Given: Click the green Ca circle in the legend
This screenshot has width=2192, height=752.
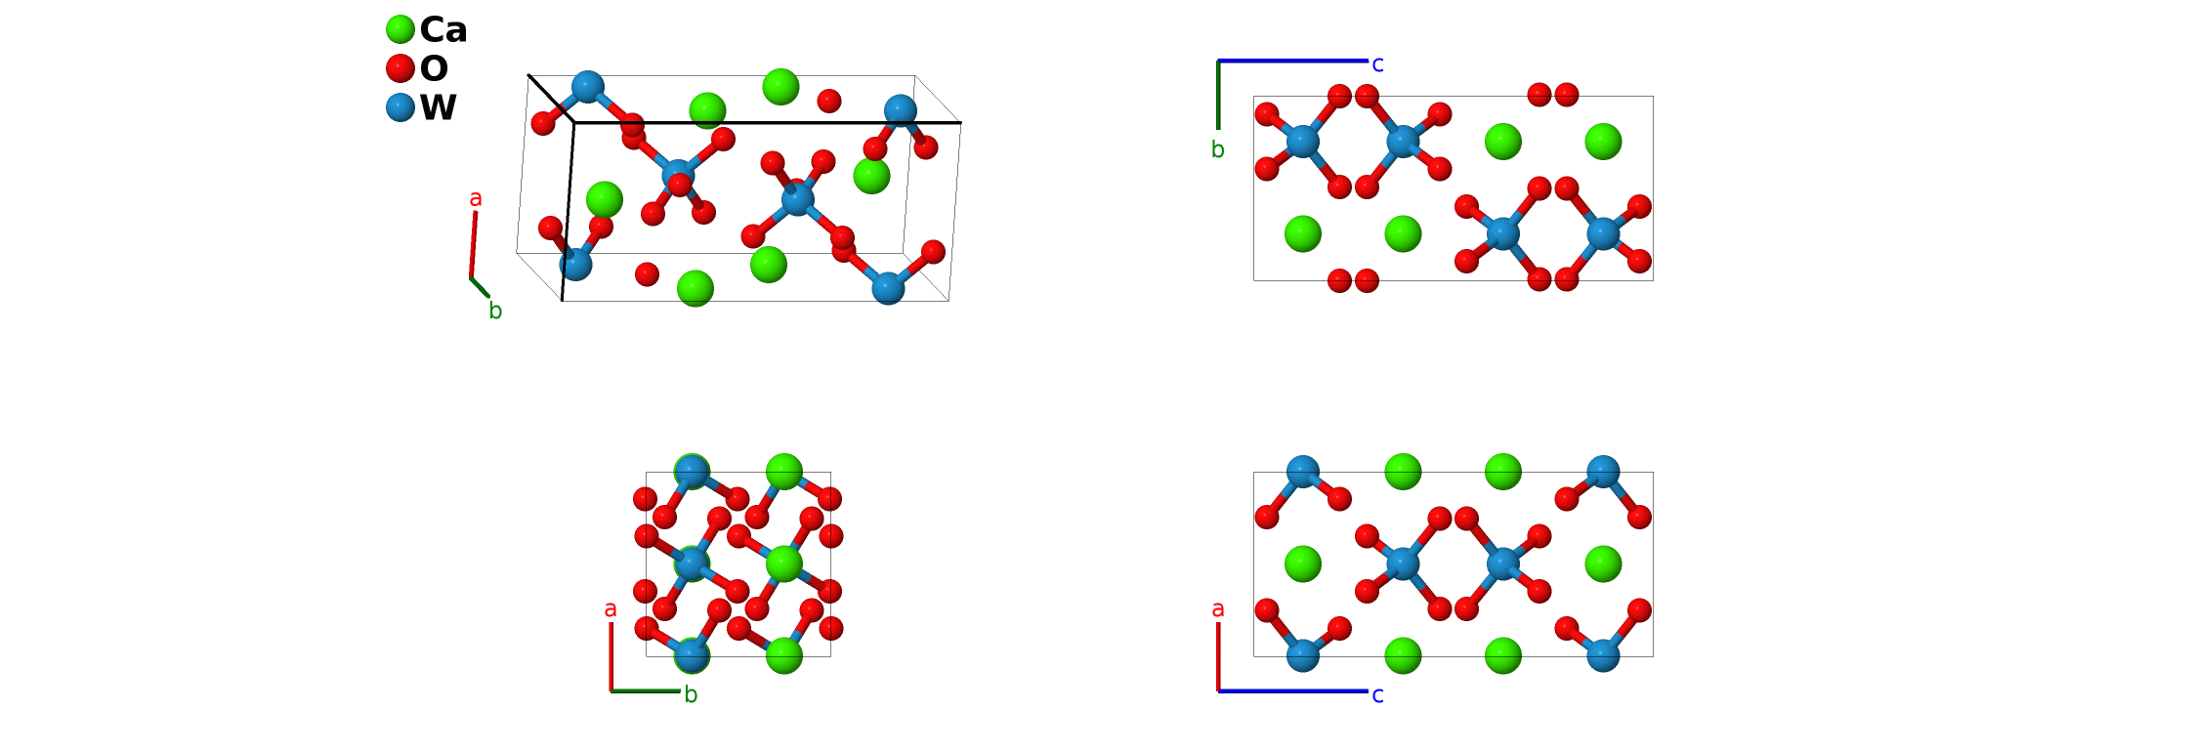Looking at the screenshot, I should coord(400,30).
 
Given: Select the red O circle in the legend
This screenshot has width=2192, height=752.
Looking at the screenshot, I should coord(400,68).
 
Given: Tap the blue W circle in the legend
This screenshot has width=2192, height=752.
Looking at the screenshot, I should coord(400,106).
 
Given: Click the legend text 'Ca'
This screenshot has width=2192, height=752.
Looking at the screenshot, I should coord(443,30).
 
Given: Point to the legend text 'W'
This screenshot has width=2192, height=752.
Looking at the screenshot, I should coord(439,107).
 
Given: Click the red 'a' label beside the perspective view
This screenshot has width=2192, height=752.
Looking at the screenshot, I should coord(476,199).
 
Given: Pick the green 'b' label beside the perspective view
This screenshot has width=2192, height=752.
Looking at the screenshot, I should coord(495,312).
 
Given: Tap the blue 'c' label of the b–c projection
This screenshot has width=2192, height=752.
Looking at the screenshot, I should coord(1377,64).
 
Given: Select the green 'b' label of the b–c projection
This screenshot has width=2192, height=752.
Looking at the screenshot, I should coord(1217,149).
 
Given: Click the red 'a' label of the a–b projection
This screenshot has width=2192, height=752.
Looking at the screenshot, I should coord(611,609).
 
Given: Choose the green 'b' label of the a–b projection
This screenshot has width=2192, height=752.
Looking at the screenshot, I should coord(691,695).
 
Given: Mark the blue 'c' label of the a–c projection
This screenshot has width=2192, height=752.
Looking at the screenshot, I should coord(1377,695).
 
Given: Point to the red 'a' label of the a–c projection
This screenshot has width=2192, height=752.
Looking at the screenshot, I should coord(1217,609).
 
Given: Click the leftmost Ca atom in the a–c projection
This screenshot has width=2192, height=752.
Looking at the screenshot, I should coord(1303,564).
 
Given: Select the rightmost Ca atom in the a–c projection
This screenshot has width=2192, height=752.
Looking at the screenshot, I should coord(1603,564).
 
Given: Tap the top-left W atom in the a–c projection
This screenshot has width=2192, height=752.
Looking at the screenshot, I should coord(1303,473).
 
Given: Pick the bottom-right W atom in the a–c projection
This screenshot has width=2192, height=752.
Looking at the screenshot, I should coord(1603,654).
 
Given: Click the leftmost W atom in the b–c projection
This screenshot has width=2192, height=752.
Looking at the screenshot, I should coord(1303,142).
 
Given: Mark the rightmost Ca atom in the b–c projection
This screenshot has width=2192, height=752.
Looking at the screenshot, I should coord(1603,142).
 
